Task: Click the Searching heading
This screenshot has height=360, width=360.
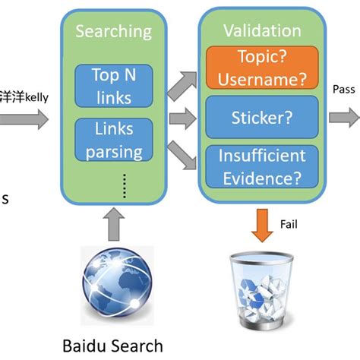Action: (x=113, y=32)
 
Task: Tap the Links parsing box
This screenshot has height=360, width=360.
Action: (x=114, y=141)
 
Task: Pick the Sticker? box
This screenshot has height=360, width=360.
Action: (x=262, y=118)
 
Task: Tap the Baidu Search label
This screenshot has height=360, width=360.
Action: (x=113, y=346)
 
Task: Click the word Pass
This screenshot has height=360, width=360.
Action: (x=343, y=90)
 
